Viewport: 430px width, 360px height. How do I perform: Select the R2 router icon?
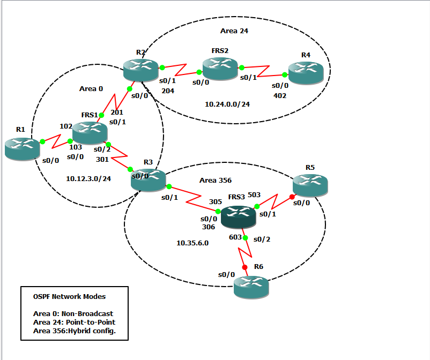click(x=140, y=70)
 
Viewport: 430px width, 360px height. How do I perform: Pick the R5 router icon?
click(x=310, y=184)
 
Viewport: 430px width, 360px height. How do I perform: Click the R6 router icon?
click(x=251, y=286)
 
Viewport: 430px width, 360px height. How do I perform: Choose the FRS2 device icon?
click(x=220, y=69)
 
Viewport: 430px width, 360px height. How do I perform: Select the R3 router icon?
click(x=149, y=179)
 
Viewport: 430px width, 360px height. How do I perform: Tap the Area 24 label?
click(x=234, y=31)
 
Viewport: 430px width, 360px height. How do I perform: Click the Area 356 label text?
click(x=215, y=181)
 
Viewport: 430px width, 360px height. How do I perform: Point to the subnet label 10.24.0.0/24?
click(x=227, y=104)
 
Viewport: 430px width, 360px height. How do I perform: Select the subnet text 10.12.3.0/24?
click(x=88, y=178)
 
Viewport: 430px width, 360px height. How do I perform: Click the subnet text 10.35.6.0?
click(x=192, y=243)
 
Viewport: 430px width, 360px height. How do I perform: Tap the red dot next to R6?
click(x=244, y=267)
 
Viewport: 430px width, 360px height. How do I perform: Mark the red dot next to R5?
click(x=292, y=197)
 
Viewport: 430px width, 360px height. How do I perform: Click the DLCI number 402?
click(x=280, y=95)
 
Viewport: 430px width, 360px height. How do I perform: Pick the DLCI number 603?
click(x=235, y=237)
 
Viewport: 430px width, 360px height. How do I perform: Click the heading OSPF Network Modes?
click(x=69, y=296)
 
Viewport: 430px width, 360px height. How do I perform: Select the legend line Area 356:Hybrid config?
click(x=74, y=331)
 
